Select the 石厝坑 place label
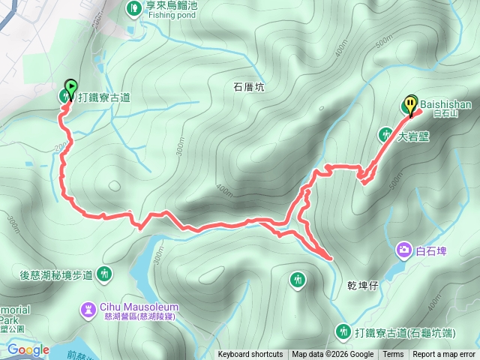(250, 87)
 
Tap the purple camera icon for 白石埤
(405, 249)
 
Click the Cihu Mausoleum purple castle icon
(89, 307)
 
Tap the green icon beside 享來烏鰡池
(133, 7)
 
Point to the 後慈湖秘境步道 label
(55, 275)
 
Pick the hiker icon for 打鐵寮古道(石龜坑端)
(343, 331)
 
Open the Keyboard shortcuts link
(250, 355)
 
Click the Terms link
(393, 355)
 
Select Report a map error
(444, 355)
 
